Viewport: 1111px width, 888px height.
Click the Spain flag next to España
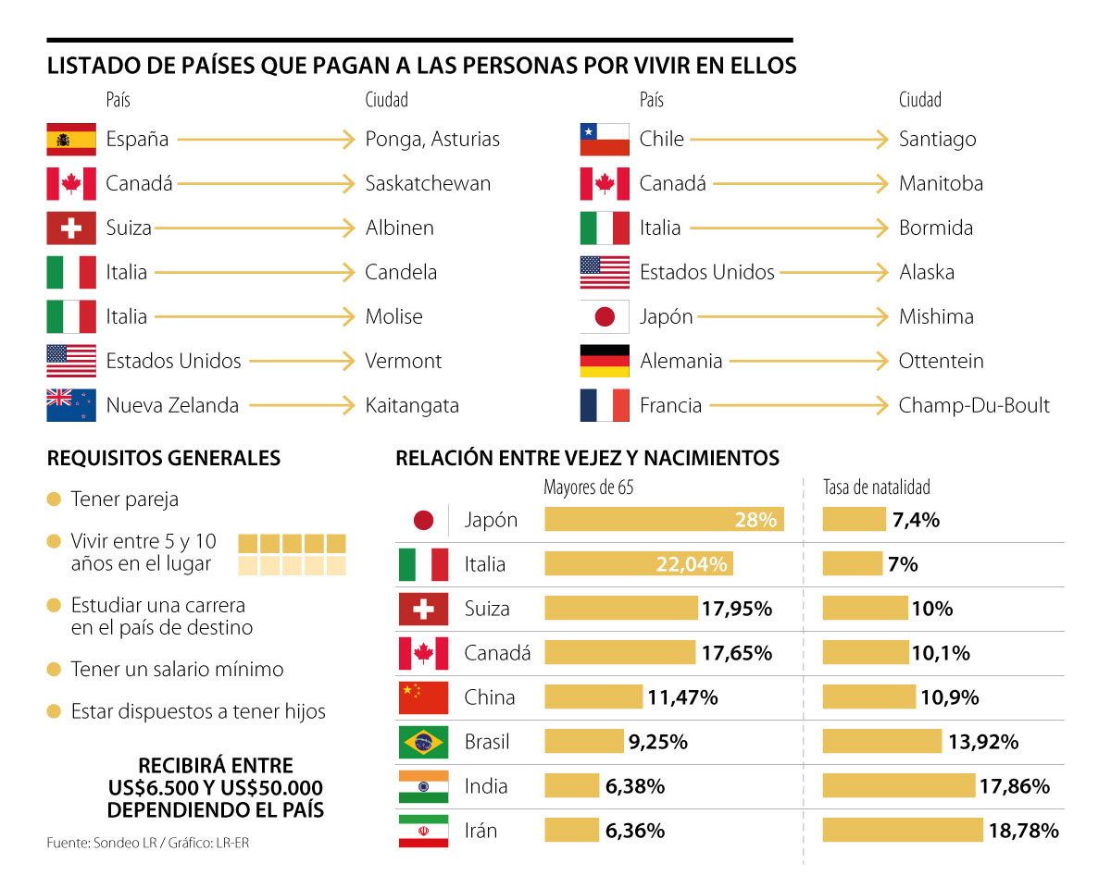coord(71,140)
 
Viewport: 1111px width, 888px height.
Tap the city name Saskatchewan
coord(428,183)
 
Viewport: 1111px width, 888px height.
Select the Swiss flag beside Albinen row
coord(71,228)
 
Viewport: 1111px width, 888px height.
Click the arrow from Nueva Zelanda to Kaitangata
coord(303,405)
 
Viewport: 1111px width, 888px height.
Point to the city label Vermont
coord(404,361)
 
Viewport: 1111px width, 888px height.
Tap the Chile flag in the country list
coord(605,140)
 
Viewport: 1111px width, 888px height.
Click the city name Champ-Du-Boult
coord(974,405)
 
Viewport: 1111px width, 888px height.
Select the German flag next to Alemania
coord(605,361)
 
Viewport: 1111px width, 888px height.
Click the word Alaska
coord(927,272)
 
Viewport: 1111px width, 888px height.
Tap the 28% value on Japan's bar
coord(755,520)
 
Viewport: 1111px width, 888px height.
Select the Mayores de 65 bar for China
coord(593,697)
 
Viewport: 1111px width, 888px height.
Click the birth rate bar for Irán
coord(903,831)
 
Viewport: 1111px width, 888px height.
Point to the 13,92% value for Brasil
coord(983,742)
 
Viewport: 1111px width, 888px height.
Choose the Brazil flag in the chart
coord(423,742)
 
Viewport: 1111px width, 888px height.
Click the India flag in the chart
coord(423,786)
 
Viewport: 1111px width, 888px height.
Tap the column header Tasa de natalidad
coord(877,487)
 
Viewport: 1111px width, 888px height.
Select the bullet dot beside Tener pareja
coord(54,499)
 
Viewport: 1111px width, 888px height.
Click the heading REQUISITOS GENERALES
coord(164,458)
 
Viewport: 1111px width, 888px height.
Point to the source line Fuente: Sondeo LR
coord(101,844)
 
